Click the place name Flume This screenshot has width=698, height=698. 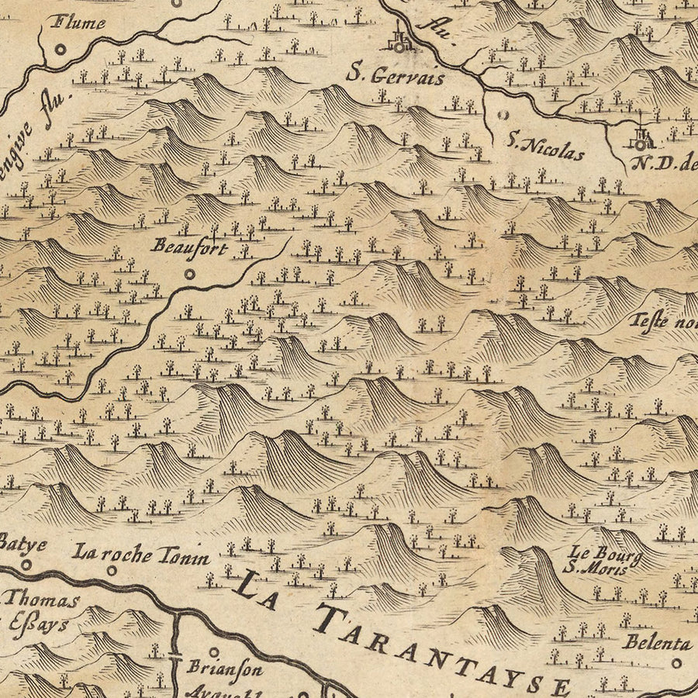(x=78, y=22)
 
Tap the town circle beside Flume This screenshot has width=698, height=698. (x=60, y=49)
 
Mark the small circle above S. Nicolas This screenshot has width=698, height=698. (x=503, y=115)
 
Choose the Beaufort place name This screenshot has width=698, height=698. (x=190, y=247)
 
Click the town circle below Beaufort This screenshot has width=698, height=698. (x=190, y=273)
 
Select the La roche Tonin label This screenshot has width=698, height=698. (x=141, y=554)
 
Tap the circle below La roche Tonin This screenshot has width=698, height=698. (x=112, y=570)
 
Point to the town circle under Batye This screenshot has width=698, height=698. (x=26, y=565)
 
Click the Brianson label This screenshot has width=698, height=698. (x=226, y=667)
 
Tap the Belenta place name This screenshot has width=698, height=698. (x=656, y=643)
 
